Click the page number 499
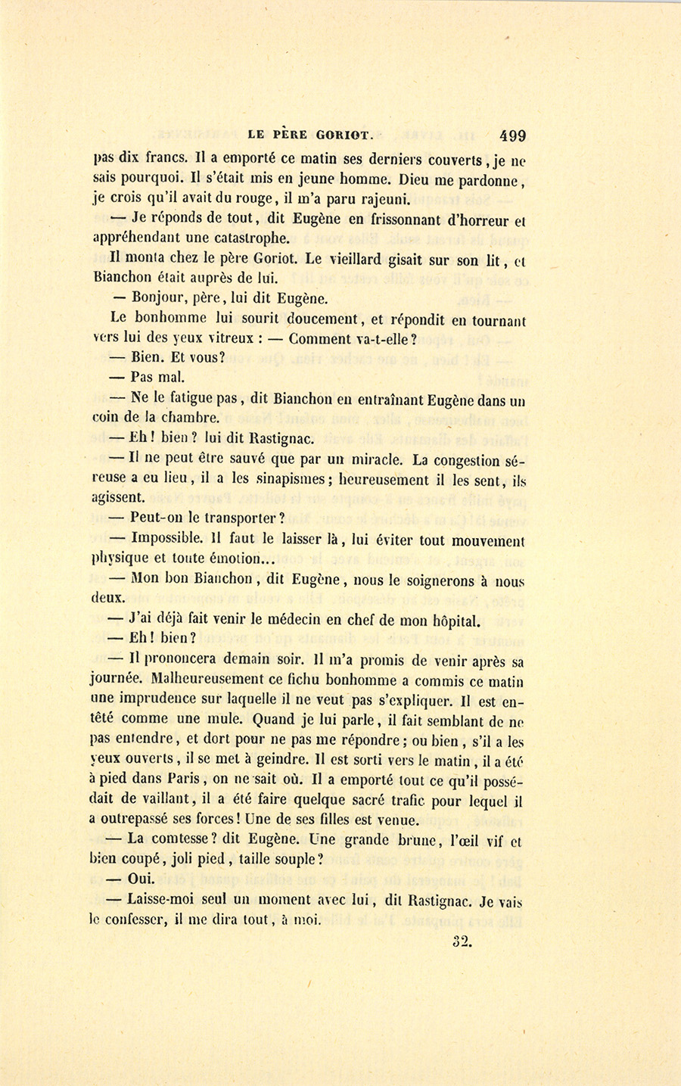click(x=512, y=136)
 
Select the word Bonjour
click(x=160, y=299)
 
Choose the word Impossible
click(x=166, y=539)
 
